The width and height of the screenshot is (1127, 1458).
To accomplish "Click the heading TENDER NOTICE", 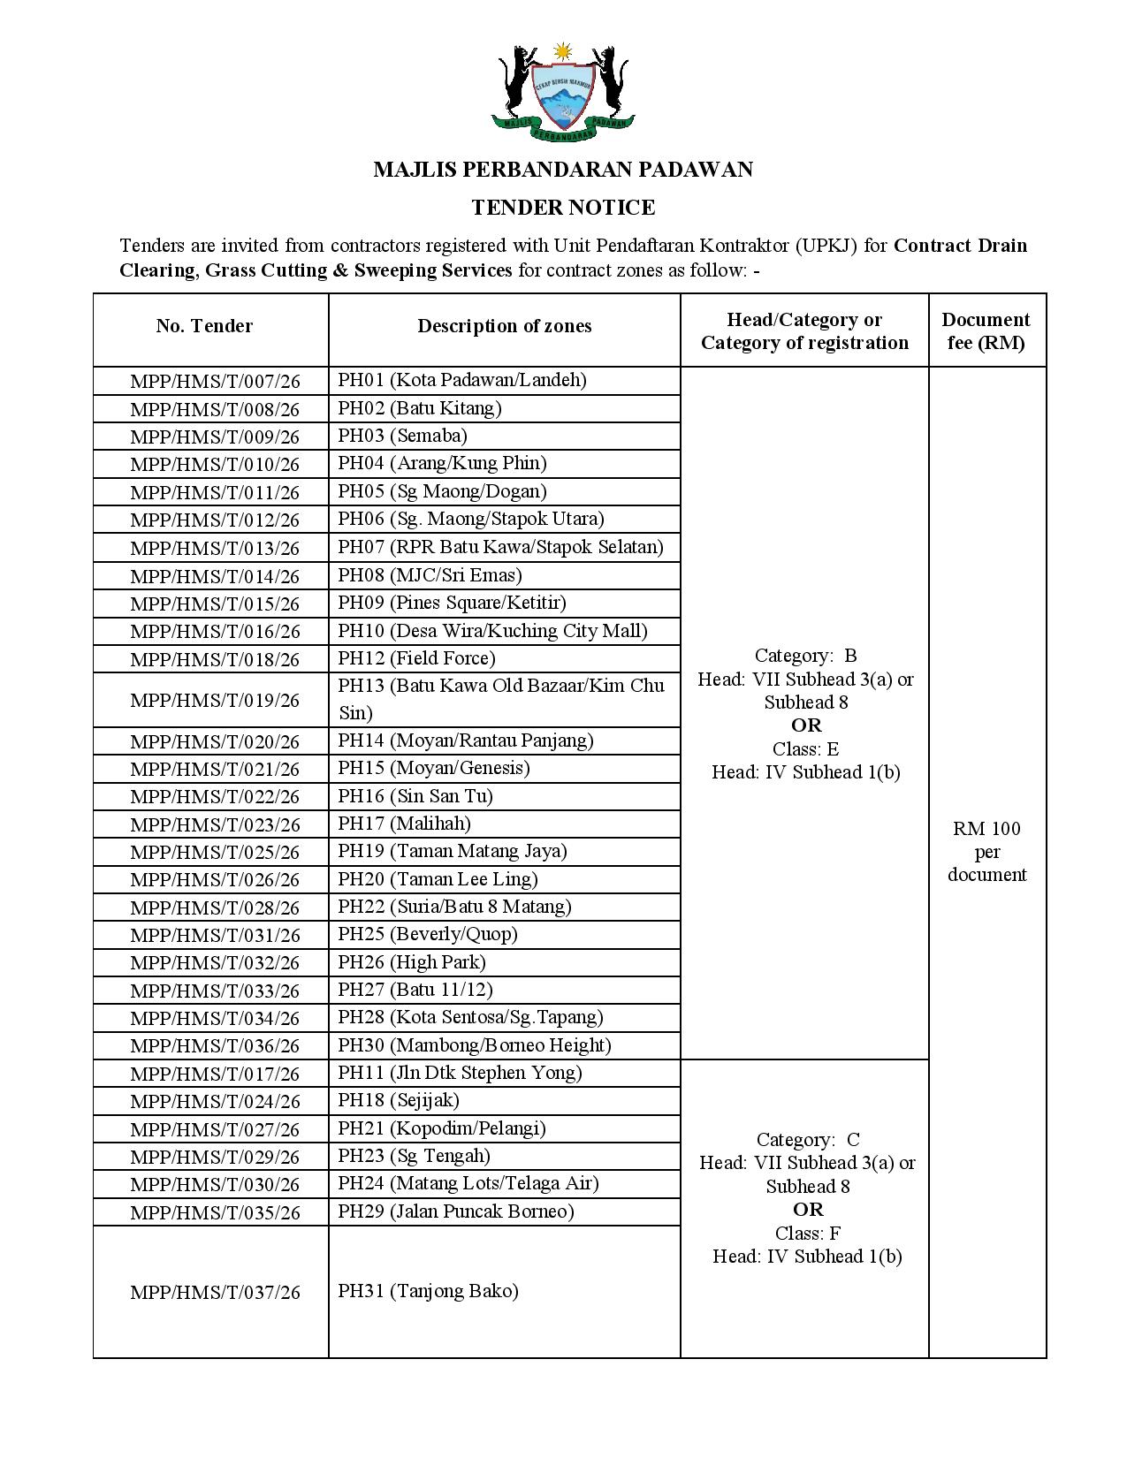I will (563, 208).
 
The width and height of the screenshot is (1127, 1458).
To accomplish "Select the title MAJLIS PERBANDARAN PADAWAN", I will (563, 169).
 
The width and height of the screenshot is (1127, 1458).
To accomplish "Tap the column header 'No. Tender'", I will (204, 326).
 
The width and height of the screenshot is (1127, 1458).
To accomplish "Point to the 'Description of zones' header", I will (505, 326).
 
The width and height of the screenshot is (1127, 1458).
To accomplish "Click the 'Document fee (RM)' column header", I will (986, 331).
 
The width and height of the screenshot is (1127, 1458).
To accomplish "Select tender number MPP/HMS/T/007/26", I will (215, 382).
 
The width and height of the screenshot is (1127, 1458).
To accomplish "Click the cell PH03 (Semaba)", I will (402, 436).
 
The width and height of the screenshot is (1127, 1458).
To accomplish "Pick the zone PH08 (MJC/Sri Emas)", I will (430, 575).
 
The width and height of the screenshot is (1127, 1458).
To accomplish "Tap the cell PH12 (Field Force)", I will (416, 658).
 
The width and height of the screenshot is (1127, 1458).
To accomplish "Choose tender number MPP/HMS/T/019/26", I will (215, 700).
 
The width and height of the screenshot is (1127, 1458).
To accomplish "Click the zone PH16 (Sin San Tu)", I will (415, 796).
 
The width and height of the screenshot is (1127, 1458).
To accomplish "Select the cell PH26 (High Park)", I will (412, 962).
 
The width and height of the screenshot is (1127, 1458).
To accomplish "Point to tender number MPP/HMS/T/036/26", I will (215, 1046).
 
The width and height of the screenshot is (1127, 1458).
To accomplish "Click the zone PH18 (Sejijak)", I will (399, 1100).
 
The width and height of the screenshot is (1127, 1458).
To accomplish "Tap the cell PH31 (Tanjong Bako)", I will (428, 1291).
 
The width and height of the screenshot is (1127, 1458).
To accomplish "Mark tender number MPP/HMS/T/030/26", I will (215, 1185).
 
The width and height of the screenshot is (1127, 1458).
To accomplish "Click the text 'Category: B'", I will (805, 656).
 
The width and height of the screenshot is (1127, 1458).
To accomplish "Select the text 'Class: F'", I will (807, 1233).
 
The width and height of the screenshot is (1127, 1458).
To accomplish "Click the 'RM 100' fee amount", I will (986, 829).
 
